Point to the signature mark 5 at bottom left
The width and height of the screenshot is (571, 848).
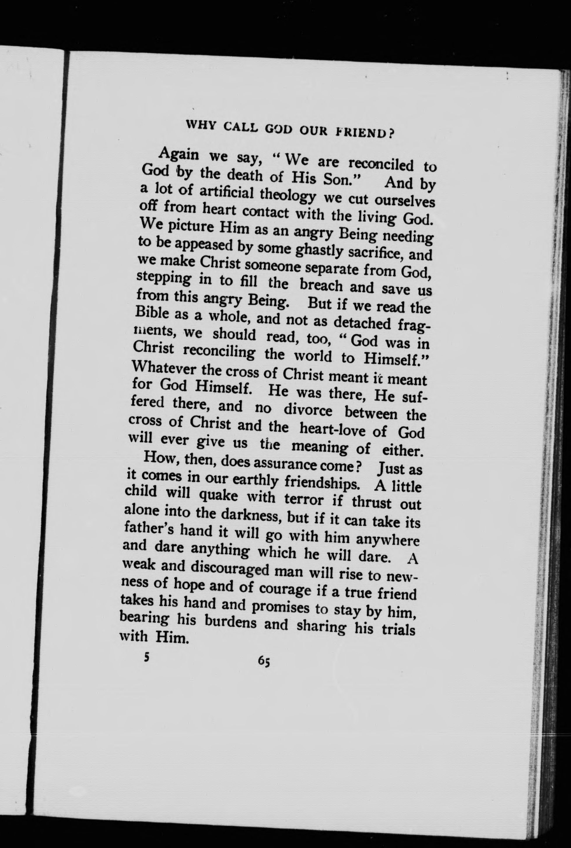pos(146,657)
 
